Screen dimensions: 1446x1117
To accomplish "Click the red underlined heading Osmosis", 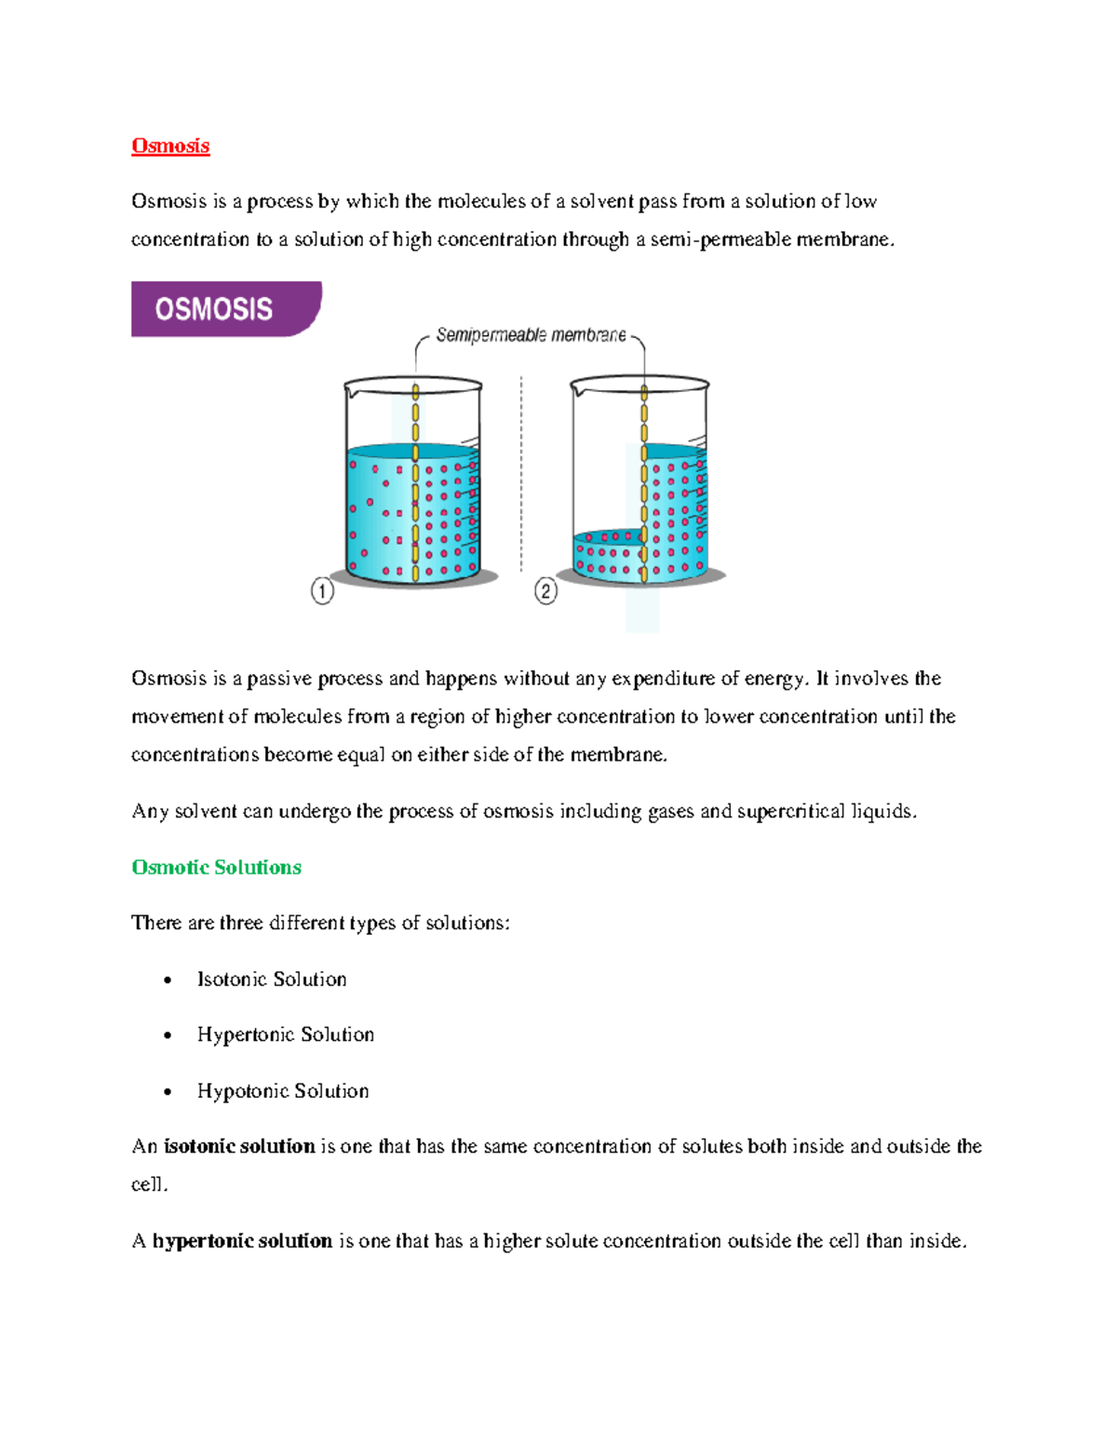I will tap(170, 146).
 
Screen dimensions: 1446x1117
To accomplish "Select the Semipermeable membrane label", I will tap(531, 335).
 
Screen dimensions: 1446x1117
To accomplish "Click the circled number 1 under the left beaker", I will tap(322, 591).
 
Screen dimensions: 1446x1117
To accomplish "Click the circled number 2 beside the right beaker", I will tap(545, 591).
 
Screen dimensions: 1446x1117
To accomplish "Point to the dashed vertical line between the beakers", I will tap(521, 475).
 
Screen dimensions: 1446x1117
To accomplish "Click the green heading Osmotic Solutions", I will tap(216, 868).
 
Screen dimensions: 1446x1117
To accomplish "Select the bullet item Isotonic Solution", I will tap(271, 980).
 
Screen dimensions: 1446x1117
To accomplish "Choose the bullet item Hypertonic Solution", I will tap(285, 1035).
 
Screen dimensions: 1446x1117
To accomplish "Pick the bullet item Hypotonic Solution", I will tap(282, 1091).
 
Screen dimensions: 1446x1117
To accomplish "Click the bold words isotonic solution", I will tap(239, 1147).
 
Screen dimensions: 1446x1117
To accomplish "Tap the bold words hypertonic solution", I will tap(242, 1241).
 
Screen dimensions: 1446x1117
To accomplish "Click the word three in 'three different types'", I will tap(241, 924).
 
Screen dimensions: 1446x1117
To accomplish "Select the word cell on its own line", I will tap(147, 1185).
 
